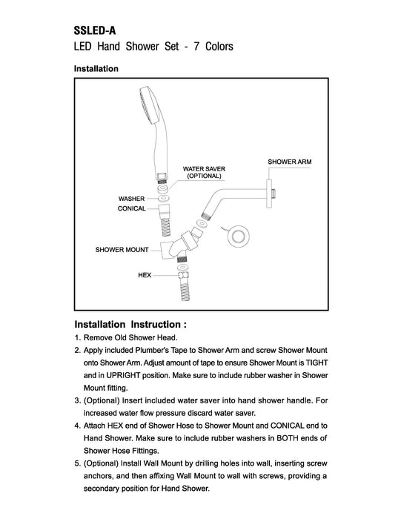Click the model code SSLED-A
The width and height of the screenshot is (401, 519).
(x=95, y=30)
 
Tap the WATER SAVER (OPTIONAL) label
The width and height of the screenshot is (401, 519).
(x=204, y=172)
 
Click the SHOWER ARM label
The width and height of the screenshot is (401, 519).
(x=290, y=162)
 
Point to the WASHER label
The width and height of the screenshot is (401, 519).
(x=131, y=199)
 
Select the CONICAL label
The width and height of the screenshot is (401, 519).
(x=132, y=208)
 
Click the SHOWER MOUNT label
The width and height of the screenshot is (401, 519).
(x=122, y=250)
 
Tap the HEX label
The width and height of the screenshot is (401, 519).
(x=145, y=275)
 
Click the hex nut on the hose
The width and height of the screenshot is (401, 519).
(x=183, y=275)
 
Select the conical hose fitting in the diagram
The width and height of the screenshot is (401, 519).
(x=164, y=211)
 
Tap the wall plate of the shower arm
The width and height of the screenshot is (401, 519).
(x=269, y=194)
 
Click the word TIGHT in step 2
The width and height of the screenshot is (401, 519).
(x=317, y=363)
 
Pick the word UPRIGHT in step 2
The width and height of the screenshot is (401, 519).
(x=123, y=375)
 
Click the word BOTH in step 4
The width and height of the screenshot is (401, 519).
(x=287, y=438)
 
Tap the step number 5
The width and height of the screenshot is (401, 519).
(x=77, y=463)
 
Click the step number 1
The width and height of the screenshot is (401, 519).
(x=77, y=337)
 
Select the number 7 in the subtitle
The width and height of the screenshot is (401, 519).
(x=196, y=46)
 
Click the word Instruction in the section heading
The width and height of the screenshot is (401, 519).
(x=156, y=324)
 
